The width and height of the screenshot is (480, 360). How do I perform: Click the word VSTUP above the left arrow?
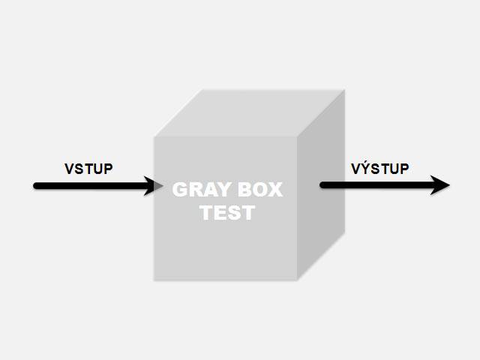pyautogui.click(x=88, y=168)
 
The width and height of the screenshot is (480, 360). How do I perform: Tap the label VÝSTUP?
pyautogui.click(x=380, y=168)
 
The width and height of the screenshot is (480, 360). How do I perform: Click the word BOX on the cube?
pyautogui.click(x=258, y=190)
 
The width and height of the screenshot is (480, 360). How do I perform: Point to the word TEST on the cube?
pyautogui.click(x=227, y=213)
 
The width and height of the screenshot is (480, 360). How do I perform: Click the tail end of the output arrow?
pyautogui.click(x=323, y=185)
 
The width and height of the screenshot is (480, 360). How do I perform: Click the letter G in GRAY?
pyautogui.click(x=180, y=190)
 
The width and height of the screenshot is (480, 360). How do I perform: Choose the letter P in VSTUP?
pyautogui.click(x=108, y=168)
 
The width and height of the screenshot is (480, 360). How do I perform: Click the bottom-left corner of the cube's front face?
pyautogui.click(x=155, y=280)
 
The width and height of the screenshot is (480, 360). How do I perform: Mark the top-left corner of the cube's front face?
pyautogui.click(x=155, y=137)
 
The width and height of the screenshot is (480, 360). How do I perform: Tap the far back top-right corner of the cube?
pyautogui.click(x=344, y=91)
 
